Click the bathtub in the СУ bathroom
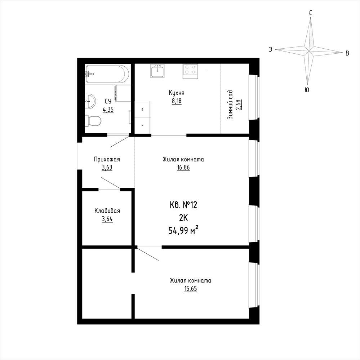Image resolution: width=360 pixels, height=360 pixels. coord(105,74)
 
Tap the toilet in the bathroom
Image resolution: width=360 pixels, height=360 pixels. coord(93,120)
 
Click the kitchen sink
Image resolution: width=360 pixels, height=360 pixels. coord(157,71)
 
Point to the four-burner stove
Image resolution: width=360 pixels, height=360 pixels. coord(190,70)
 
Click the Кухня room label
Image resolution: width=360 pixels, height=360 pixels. coord(177,93)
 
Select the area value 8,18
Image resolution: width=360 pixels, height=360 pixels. coord(177,101)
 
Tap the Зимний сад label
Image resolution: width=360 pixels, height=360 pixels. coord(230,105)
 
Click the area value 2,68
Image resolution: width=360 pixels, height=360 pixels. coord(239,105)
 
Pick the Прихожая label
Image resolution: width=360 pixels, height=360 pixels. coord(107,159)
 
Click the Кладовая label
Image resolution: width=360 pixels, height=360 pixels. coord(107,211)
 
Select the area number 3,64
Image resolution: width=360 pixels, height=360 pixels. coord(107,219)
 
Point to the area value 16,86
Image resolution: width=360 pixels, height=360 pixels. coord(183,168)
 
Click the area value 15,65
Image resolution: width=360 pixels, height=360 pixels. coord(191,289)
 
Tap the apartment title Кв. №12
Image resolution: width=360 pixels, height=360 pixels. coord(183,205)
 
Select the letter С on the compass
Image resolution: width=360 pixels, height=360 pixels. coord(310,13)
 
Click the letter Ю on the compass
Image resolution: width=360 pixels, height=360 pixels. coord(307,90)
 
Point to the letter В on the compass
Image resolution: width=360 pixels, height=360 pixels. coord(347,53)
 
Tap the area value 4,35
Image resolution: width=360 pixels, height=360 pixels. coord(108,110)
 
